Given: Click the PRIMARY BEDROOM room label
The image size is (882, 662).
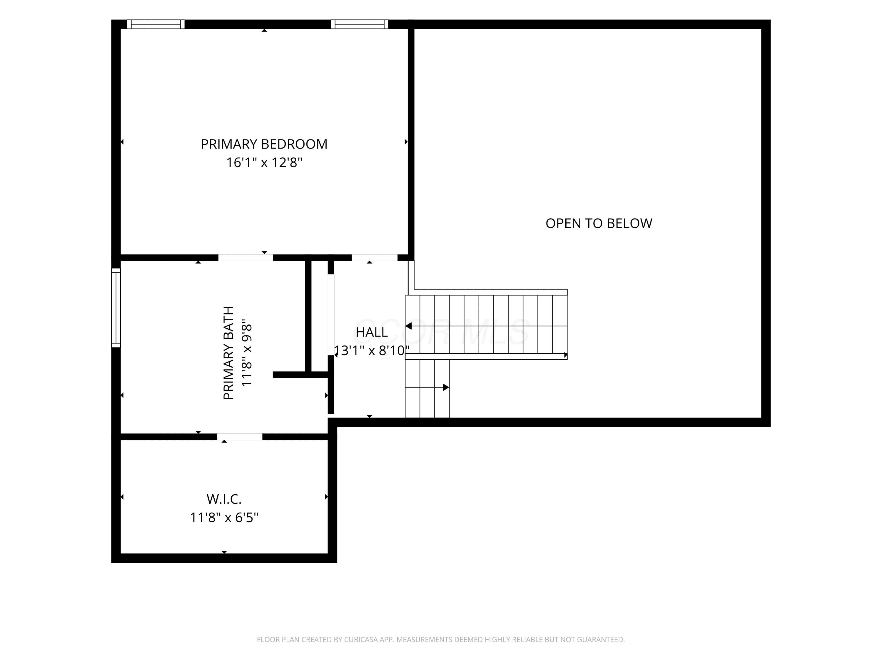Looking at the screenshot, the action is point(264,144).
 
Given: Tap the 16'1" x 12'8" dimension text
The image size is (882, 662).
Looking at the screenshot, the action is point(264,162).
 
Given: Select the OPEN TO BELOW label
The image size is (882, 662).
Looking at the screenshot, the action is point(599,223).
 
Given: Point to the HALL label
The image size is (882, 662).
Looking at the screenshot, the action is point(372,332).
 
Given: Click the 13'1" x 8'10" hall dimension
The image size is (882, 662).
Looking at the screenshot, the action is point(372,350).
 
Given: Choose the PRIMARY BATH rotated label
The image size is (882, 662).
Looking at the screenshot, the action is point(228,353).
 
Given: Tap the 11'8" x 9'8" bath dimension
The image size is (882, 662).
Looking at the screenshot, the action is point(247,353).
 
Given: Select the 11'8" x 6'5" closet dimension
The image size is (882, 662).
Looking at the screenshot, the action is point(224,518).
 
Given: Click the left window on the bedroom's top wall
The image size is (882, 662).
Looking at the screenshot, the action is point(156,24).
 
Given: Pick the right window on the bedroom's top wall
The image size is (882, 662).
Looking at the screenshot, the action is point(360,24).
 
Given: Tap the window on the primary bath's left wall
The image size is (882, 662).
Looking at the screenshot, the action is point(116,308).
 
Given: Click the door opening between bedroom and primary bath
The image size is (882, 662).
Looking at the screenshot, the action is point(245,258).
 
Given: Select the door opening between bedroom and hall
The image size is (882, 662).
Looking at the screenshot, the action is point(375,258).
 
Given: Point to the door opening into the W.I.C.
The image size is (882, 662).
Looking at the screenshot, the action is point(240,437).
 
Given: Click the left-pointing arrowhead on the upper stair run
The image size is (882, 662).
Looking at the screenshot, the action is point(408,326).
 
